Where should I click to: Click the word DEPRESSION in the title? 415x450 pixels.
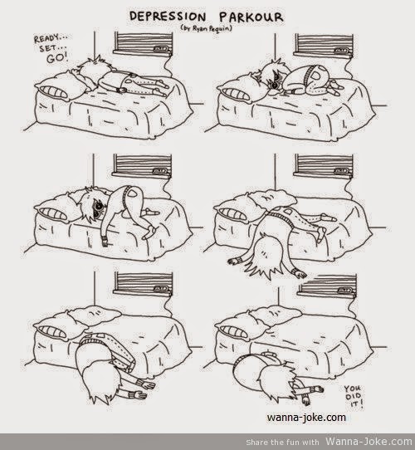pos(168,17)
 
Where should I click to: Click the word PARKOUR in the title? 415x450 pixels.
pos(251,17)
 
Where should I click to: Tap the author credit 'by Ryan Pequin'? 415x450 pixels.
pos(206,28)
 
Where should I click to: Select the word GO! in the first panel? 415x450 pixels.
pos(57,58)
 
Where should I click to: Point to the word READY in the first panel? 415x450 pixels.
pos(47,38)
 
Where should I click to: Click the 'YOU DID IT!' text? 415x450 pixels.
pos(354,397)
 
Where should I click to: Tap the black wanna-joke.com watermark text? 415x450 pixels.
pos(306,417)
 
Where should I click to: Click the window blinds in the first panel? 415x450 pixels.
pos(144,43)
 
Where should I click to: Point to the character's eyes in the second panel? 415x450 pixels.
pos(276,81)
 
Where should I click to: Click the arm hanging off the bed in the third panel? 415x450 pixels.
pos(105,230)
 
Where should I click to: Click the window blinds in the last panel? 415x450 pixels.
pos(327,285)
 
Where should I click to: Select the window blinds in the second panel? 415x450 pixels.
pos(324,44)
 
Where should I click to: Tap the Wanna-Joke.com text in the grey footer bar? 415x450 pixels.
pos(369,442)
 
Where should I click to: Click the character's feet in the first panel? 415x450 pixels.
pos(161,89)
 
